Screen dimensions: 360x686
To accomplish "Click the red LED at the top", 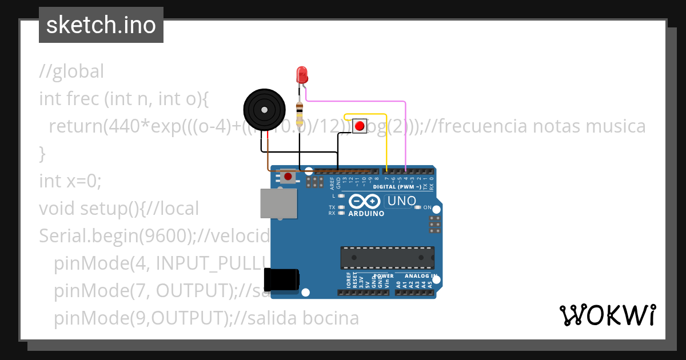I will click(x=302, y=74).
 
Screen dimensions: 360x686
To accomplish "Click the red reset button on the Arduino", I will click(x=287, y=177).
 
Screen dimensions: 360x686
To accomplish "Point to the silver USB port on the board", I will click(x=278, y=203).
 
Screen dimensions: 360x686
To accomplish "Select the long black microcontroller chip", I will click(x=387, y=257).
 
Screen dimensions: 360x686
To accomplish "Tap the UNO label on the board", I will click(x=402, y=201).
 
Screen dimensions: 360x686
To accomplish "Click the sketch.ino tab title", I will click(x=101, y=25).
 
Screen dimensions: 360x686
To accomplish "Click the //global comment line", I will click(x=71, y=71).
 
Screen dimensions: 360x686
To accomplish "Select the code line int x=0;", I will click(x=70, y=181).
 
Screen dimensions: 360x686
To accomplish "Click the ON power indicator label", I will click(x=427, y=207).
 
